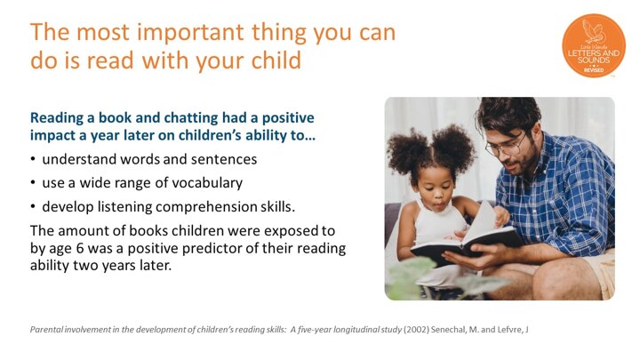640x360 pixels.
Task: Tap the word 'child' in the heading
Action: [276, 60]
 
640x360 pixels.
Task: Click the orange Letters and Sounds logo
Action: [594, 45]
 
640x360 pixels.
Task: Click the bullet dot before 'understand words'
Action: [33, 159]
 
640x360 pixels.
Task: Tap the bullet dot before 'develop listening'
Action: [33, 206]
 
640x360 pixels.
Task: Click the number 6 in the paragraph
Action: [80, 248]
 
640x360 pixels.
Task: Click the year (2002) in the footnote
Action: [416, 330]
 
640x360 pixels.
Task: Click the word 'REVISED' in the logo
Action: [594, 70]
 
